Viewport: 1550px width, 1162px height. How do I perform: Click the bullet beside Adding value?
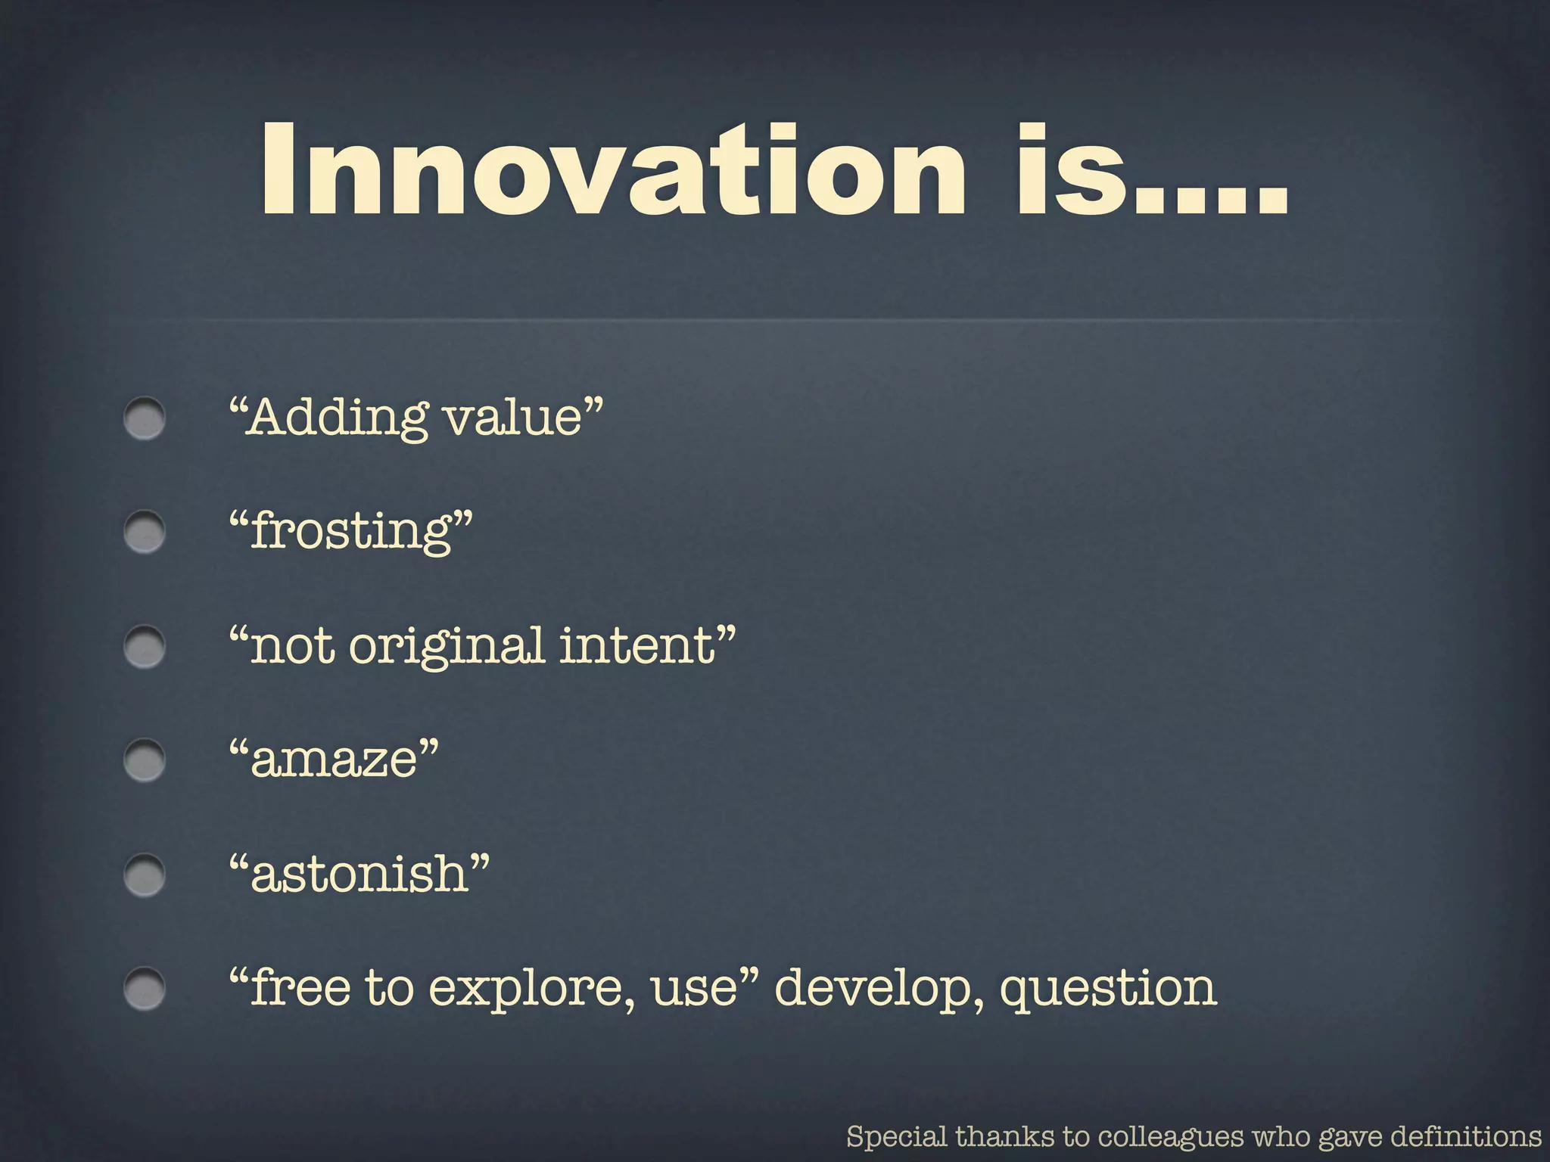pyautogui.click(x=145, y=418)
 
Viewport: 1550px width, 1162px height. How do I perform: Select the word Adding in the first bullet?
pyautogui.click(x=337, y=418)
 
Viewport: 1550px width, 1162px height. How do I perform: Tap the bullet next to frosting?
pyautogui.click(x=145, y=532)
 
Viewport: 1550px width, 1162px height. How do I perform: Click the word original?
pyautogui.click(x=447, y=647)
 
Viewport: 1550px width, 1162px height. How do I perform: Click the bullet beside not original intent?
pyautogui.click(x=145, y=647)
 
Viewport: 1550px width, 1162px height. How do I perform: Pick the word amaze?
pyautogui.click(x=333, y=760)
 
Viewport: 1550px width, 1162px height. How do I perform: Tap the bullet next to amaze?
pyautogui.click(x=145, y=760)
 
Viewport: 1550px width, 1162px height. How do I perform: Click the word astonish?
pyautogui.click(x=359, y=875)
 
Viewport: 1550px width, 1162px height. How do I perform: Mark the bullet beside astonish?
pyautogui.click(x=145, y=875)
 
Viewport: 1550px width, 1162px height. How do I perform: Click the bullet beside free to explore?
pyautogui.click(x=145, y=989)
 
